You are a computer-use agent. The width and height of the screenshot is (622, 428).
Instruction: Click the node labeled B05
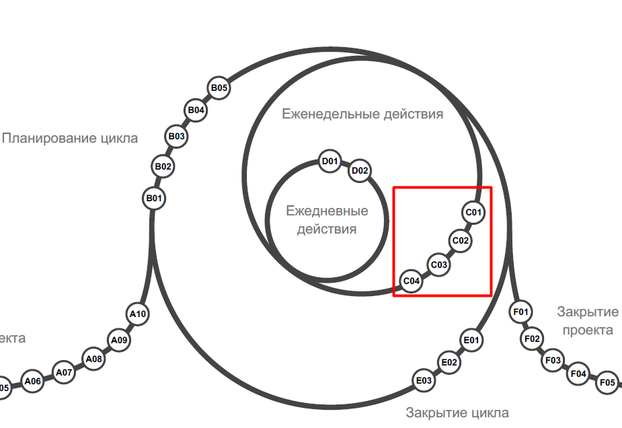(x=219, y=87)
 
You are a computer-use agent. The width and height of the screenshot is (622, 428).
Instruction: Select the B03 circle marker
(x=177, y=137)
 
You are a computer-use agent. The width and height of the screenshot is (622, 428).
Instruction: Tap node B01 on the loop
(x=155, y=199)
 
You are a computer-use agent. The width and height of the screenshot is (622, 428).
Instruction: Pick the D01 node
(x=329, y=162)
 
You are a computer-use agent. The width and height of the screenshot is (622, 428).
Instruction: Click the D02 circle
(x=360, y=171)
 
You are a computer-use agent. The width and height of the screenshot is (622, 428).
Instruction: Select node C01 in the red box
(x=474, y=213)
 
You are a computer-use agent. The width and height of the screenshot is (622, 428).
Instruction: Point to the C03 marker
(x=438, y=265)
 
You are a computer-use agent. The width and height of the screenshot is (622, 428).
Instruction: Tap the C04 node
(x=412, y=281)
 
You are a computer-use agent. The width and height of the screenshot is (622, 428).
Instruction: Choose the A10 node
(x=138, y=314)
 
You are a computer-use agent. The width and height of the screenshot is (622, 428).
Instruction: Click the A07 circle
(x=64, y=372)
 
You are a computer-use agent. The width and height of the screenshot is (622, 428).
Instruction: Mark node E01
(x=471, y=341)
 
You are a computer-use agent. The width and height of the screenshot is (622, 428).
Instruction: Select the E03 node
(x=424, y=382)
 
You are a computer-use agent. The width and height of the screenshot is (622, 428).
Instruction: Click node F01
(x=521, y=312)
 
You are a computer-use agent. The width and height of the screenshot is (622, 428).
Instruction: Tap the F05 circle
(x=607, y=383)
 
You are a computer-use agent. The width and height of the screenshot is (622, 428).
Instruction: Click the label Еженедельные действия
(x=362, y=114)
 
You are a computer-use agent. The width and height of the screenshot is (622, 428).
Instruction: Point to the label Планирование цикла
(x=70, y=138)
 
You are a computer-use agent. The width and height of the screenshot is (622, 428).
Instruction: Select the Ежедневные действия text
(x=327, y=220)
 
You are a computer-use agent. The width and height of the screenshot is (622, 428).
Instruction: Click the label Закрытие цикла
(x=457, y=413)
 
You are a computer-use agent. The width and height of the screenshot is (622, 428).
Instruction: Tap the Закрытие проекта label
(x=588, y=321)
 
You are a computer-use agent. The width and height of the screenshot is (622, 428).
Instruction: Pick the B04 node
(x=196, y=110)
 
